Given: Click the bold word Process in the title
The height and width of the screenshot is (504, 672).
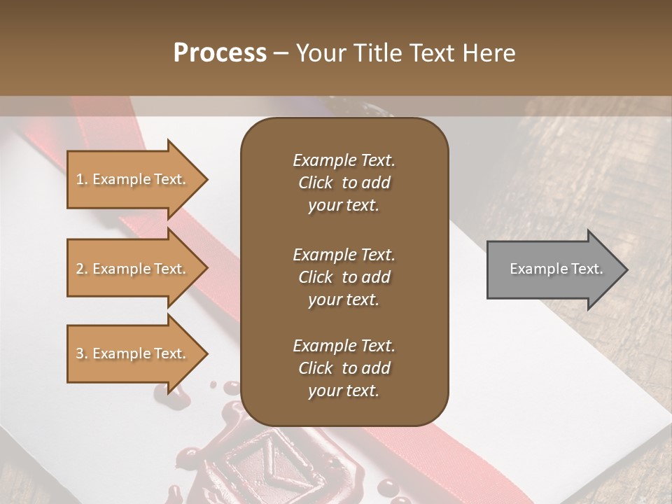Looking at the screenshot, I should [x=220, y=53].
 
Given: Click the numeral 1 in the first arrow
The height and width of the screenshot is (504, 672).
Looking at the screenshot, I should [x=80, y=180].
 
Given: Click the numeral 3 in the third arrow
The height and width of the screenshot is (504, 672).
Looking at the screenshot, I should [x=80, y=354].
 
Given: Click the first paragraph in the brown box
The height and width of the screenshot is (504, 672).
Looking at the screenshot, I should [x=344, y=183].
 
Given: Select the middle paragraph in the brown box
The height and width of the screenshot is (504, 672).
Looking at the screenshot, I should [x=344, y=276].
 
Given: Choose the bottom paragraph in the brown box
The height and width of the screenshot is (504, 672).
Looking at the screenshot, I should [x=344, y=368].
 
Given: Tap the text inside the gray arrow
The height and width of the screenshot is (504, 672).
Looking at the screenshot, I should [x=556, y=269].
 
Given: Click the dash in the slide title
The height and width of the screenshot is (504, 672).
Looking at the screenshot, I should [x=281, y=54].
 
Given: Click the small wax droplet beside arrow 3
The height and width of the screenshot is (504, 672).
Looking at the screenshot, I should [x=213, y=384].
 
